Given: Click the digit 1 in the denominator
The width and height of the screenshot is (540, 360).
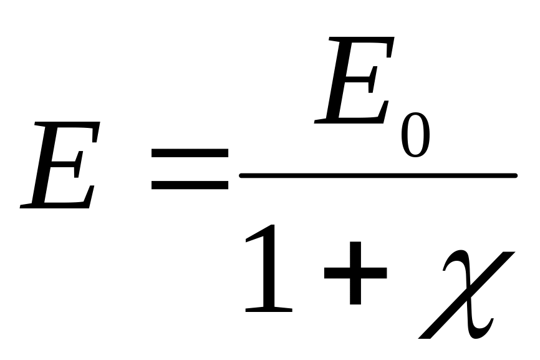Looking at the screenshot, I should pos(269,269).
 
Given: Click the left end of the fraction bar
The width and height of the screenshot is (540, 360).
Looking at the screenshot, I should pos(243,176).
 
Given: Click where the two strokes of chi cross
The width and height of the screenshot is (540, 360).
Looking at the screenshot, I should pos(465,293).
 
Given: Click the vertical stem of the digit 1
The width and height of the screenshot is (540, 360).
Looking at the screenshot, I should pos(270,268).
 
